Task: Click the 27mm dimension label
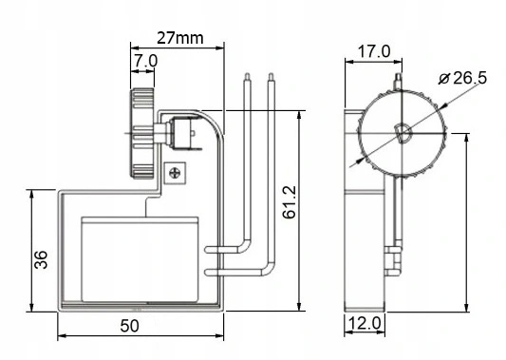pos(180,38)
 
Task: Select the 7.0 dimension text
pos(146,61)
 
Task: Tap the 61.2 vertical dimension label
pos(290,202)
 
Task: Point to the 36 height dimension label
pos(41,259)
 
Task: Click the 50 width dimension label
pos(130,326)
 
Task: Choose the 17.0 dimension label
pos(374,51)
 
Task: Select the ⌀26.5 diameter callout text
pos(462,78)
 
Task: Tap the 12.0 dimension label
pos(365,323)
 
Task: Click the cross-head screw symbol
pos(175,173)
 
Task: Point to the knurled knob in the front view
pos(142,133)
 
